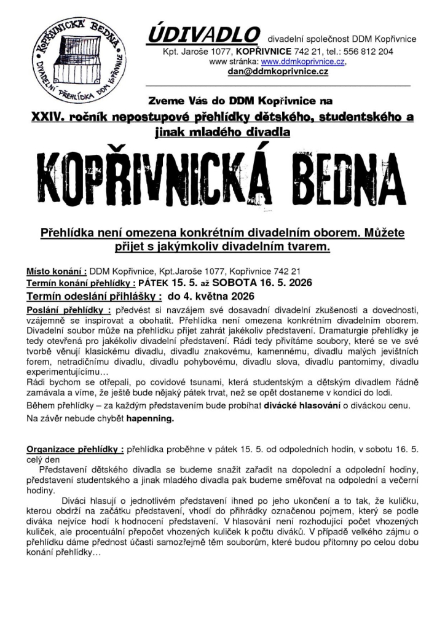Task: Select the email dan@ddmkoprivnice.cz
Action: pyautogui.click(x=278, y=72)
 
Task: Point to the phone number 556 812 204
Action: pyautogui.click(x=368, y=52)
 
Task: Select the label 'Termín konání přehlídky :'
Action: pyautogui.click(x=81, y=283)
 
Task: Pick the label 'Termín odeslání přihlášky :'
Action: pyautogui.click(x=94, y=296)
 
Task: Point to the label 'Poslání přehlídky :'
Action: pyautogui.click(x=68, y=310)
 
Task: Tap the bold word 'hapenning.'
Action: pyautogui.click(x=151, y=418)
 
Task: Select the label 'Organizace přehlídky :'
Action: pyautogui.click(x=75, y=449)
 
